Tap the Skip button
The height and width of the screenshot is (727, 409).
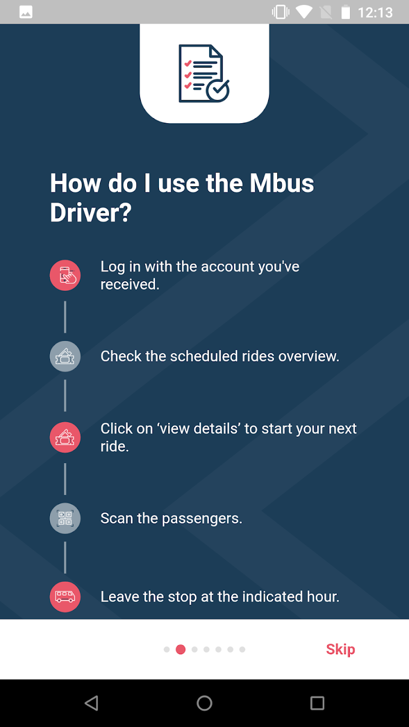pyautogui.click(x=340, y=649)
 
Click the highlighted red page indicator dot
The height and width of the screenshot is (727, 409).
pyautogui.click(x=180, y=649)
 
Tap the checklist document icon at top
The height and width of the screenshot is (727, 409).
pyautogui.click(x=204, y=73)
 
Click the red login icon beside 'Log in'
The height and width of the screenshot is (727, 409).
pyautogui.click(x=65, y=275)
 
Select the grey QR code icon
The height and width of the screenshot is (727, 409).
pyautogui.click(x=65, y=518)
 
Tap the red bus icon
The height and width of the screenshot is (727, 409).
pyautogui.click(x=65, y=597)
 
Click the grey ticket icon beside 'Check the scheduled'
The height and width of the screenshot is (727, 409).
pyautogui.click(x=65, y=356)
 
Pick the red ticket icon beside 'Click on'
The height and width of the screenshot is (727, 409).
pyautogui.click(x=65, y=437)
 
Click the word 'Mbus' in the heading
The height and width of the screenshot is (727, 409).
pyautogui.click(x=282, y=183)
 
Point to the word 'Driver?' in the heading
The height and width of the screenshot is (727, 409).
pyautogui.click(x=91, y=212)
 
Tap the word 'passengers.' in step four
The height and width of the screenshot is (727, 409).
pyautogui.click(x=202, y=519)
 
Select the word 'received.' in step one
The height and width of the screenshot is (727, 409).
pyautogui.click(x=130, y=284)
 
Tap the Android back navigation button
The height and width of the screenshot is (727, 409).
pyautogui.click(x=91, y=703)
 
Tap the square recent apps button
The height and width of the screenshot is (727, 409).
pyautogui.click(x=317, y=703)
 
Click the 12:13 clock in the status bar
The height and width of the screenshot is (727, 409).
pyautogui.click(x=375, y=13)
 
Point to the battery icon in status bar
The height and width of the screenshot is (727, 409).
pyautogui.click(x=346, y=12)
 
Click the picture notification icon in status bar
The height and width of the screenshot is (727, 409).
pyautogui.click(x=26, y=12)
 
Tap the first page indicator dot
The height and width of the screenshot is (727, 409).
pyautogui.click(x=167, y=649)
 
